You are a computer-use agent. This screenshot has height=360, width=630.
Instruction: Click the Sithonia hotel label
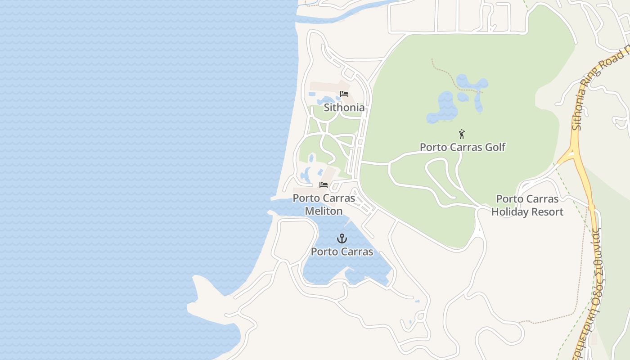click(344, 108)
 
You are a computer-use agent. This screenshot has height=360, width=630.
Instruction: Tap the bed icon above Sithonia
click(344, 94)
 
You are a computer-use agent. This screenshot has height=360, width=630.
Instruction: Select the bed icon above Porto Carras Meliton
click(324, 184)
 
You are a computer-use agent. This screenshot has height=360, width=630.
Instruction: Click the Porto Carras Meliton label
click(324, 204)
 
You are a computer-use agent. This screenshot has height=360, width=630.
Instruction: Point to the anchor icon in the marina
click(342, 238)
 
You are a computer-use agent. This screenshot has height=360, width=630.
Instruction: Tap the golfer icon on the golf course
click(461, 134)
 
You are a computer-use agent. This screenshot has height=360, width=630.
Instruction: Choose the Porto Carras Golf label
click(463, 147)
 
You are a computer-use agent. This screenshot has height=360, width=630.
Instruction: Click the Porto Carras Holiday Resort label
click(527, 205)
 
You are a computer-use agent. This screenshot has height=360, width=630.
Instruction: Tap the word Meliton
click(324, 211)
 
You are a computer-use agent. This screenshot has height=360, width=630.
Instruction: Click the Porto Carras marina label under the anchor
click(342, 252)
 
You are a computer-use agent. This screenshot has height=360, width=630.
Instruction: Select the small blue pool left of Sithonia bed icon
click(312, 94)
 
